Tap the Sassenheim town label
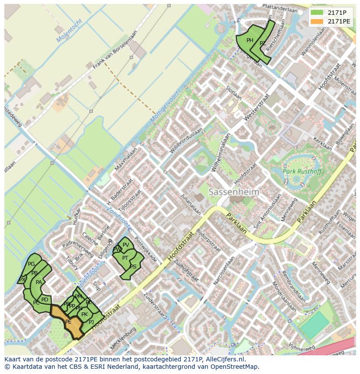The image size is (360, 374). [233, 192]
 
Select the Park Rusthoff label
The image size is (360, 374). [302, 172]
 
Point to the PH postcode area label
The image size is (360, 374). [250, 40]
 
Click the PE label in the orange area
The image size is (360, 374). [68, 322]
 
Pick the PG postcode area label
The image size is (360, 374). [31, 264]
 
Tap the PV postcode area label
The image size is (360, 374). [126, 245]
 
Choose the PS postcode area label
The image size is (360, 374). [133, 267]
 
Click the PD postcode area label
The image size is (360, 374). [45, 300]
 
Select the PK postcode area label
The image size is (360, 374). [84, 314]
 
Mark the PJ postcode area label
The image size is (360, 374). [91, 322]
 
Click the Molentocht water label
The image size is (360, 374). [70, 31]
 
